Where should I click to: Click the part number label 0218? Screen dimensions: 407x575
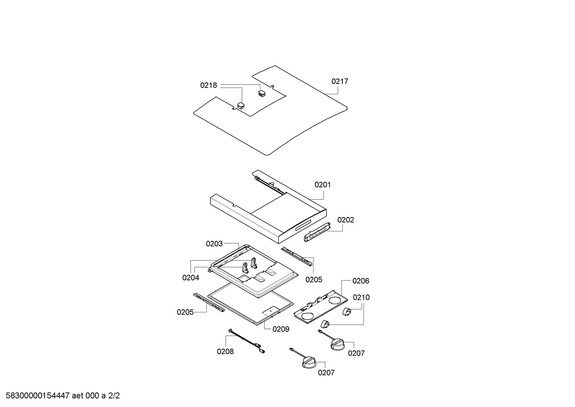click(x=209, y=85)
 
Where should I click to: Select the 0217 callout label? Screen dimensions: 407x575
click(x=340, y=81)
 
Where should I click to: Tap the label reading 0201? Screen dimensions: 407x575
click(x=323, y=185)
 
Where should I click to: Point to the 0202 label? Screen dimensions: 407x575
click(x=346, y=220)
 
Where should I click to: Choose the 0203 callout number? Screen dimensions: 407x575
click(x=214, y=244)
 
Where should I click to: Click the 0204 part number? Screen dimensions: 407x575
click(x=191, y=277)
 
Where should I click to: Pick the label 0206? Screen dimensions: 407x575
click(x=361, y=281)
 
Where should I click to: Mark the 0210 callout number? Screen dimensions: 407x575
click(x=361, y=297)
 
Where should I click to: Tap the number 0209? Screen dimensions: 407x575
click(x=281, y=329)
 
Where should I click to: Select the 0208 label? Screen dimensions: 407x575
click(x=225, y=351)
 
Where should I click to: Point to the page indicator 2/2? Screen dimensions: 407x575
click(x=114, y=396)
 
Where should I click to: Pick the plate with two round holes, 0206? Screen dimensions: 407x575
click(x=321, y=306)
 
